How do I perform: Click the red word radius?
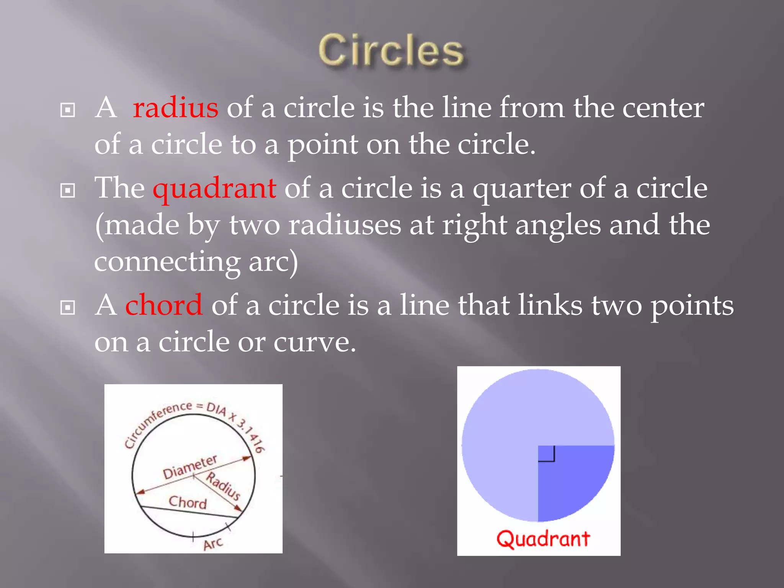point(176,108)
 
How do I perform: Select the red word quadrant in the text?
point(214,188)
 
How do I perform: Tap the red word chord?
point(164,305)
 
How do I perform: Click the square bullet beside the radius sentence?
point(68,110)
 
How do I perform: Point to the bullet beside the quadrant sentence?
point(68,190)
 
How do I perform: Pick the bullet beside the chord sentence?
point(68,307)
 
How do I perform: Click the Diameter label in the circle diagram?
point(190,467)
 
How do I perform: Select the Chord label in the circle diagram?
point(188,502)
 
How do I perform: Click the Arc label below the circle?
point(213,544)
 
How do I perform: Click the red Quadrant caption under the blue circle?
point(543,539)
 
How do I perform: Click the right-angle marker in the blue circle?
point(547,454)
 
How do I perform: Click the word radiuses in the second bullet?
point(345,225)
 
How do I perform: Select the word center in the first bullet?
point(663,108)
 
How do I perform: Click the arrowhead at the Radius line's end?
point(238,508)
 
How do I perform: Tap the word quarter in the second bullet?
point(521,188)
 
